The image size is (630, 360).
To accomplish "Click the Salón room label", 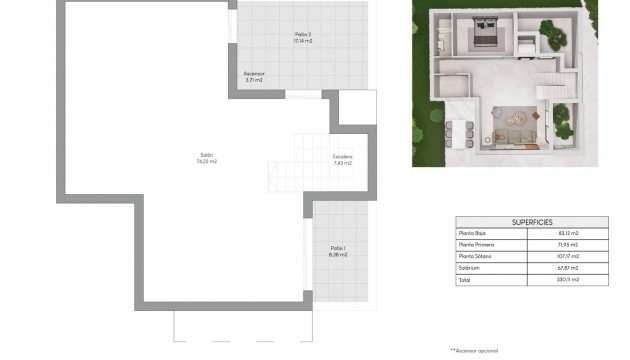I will pos(207,154).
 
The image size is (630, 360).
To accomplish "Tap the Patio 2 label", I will pos(303,34).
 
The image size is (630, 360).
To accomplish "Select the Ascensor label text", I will pos(254,73).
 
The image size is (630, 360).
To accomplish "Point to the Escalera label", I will pos(343,155).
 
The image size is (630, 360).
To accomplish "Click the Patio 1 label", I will pos(338,247).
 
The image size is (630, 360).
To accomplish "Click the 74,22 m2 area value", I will pos(207,161).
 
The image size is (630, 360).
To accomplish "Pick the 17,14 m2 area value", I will pos(303,41).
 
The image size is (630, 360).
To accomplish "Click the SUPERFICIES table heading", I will pos(532,222).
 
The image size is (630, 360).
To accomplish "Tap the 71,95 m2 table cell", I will pos(570,244).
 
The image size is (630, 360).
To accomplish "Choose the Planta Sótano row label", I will pos(477,255).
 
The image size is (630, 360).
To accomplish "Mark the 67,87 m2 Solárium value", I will pos(570,267).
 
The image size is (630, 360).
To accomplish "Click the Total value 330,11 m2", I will pos(570,279).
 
